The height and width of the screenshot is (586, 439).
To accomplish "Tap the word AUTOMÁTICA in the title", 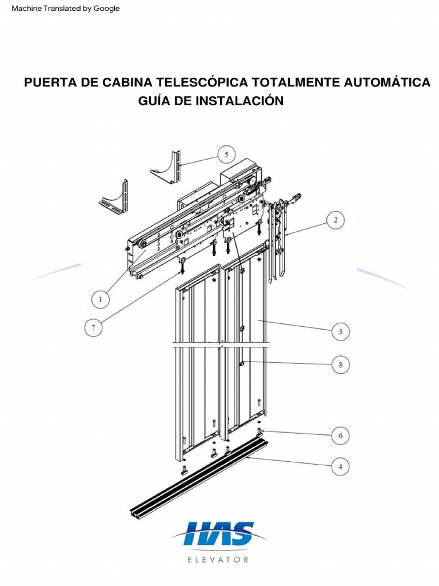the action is [x=387, y=82].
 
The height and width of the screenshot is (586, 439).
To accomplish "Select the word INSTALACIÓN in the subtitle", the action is [x=240, y=101].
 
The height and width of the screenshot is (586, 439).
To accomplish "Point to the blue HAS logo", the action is [x=219, y=534].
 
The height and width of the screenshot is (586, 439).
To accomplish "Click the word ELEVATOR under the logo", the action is [x=218, y=560].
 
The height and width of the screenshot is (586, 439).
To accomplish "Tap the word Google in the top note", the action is [x=106, y=9].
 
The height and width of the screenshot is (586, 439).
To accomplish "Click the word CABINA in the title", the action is [x=127, y=82].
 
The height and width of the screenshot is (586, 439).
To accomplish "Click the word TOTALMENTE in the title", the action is [x=295, y=82].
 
